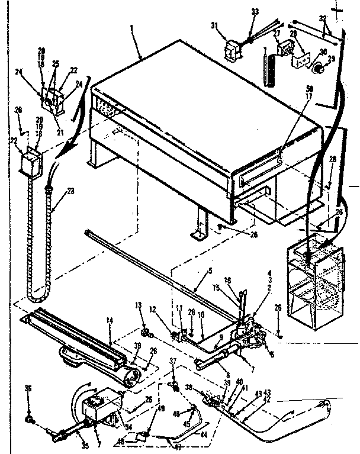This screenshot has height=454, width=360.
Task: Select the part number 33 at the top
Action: [x=255, y=11]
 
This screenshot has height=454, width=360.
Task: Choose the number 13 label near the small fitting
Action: [x=139, y=306]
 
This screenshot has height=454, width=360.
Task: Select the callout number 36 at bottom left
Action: [x=27, y=389]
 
